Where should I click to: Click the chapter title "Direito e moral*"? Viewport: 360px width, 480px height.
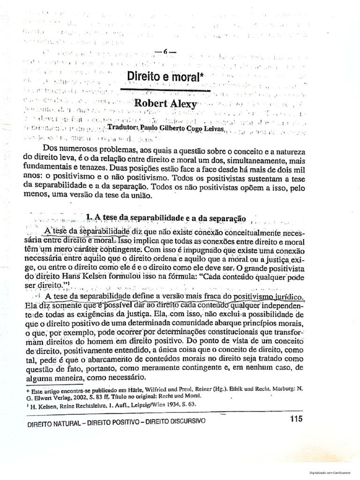(x=158, y=76)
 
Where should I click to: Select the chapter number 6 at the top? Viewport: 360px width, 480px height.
(x=165, y=52)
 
